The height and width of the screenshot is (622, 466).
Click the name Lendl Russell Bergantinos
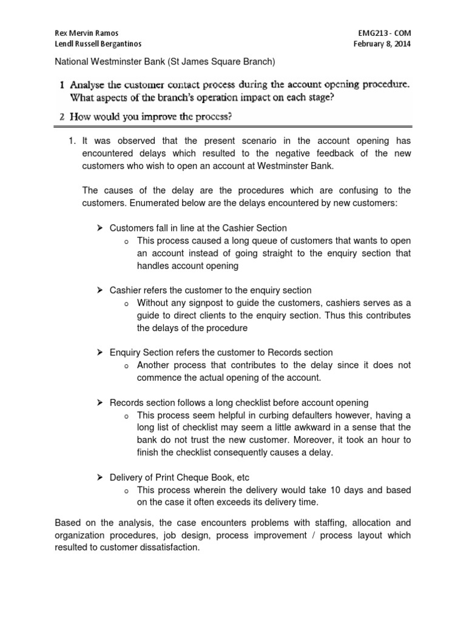click(98, 44)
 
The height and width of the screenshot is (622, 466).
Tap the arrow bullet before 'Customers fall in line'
click(100, 228)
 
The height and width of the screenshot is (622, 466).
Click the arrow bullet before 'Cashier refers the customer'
click(100, 290)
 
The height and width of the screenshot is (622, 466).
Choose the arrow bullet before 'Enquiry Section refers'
click(100, 352)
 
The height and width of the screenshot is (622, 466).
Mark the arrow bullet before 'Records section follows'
click(100, 403)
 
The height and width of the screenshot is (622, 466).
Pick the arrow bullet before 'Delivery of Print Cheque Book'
click(100, 477)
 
